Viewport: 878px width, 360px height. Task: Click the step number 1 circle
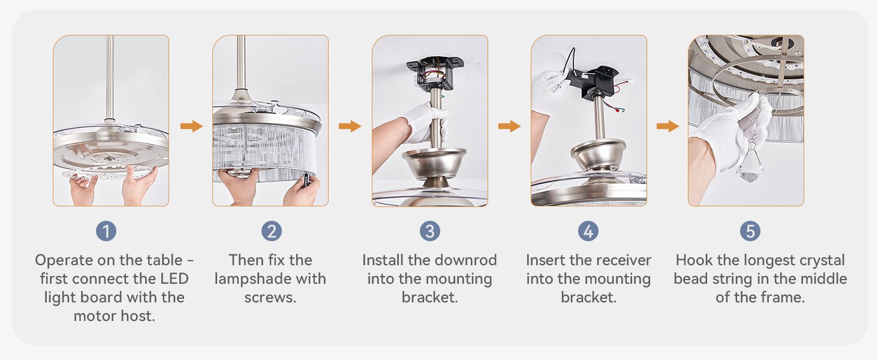pyautogui.click(x=106, y=231)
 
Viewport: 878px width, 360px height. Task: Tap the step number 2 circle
pyautogui.click(x=271, y=231)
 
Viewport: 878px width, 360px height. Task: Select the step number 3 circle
pyautogui.click(x=429, y=231)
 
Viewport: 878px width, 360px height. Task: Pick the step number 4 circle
pyautogui.click(x=588, y=231)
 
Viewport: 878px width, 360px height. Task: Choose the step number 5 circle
pyautogui.click(x=750, y=231)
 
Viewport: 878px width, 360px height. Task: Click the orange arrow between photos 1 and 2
pyautogui.click(x=191, y=126)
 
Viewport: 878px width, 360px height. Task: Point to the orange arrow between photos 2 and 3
pyautogui.click(x=350, y=126)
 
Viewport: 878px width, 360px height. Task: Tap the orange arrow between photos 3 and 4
pyautogui.click(x=509, y=126)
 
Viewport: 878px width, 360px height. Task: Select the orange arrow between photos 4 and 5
pyautogui.click(x=667, y=126)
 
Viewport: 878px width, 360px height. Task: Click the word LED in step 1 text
pyautogui.click(x=175, y=279)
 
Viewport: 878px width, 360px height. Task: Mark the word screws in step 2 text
pyautogui.click(x=270, y=298)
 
